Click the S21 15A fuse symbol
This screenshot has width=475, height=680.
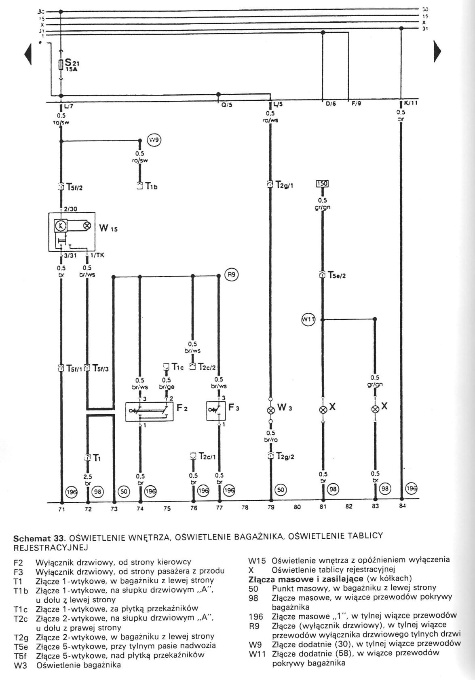(x=61, y=64)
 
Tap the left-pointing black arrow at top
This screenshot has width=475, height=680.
(x=28, y=53)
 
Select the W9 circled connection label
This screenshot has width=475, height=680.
(x=154, y=140)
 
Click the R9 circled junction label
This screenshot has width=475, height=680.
(x=231, y=275)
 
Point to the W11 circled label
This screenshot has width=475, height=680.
(x=308, y=319)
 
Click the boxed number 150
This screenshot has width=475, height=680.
(x=322, y=184)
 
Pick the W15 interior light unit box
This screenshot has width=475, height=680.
(x=72, y=232)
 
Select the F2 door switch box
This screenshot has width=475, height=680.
(x=149, y=411)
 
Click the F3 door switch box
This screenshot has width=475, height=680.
(x=216, y=411)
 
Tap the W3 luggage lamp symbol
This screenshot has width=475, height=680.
(x=270, y=409)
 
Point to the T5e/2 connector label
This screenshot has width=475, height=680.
(x=336, y=276)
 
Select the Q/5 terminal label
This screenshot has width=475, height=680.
(x=227, y=105)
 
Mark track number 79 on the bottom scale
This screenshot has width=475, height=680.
(x=271, y=507)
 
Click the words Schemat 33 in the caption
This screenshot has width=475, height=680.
(x=39, y=539)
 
